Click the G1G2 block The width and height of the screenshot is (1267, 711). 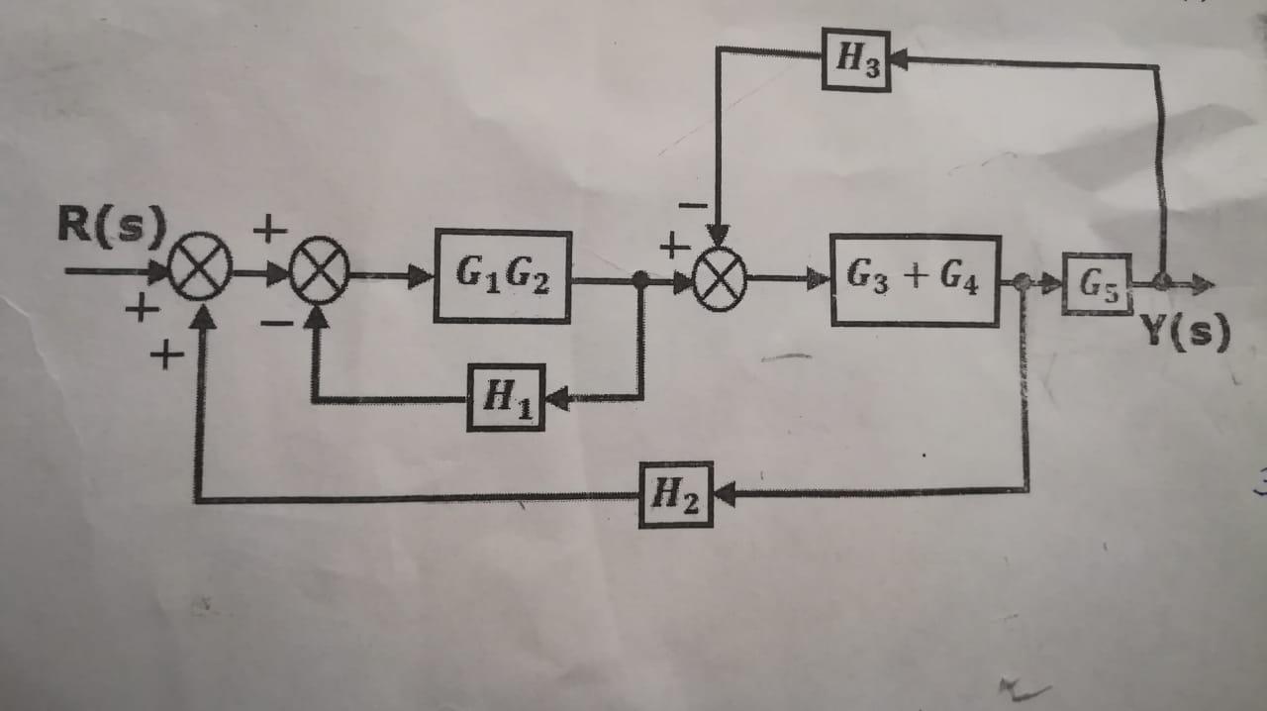click(503, 276)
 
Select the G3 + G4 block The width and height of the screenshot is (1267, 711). click(915, 280)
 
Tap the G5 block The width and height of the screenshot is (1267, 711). click(1097, 284)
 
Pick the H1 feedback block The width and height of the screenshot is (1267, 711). click(506, 397)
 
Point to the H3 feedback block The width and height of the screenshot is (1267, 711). click(856, 59)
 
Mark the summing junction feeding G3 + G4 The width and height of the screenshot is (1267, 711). click(720, 278)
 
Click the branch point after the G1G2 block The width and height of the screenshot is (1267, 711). click(640, 280)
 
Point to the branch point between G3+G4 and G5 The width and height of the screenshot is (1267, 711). click(1023, 283)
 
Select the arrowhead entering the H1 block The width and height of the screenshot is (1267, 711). click(555, 398)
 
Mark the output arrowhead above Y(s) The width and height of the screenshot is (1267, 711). click(1204, 285)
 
